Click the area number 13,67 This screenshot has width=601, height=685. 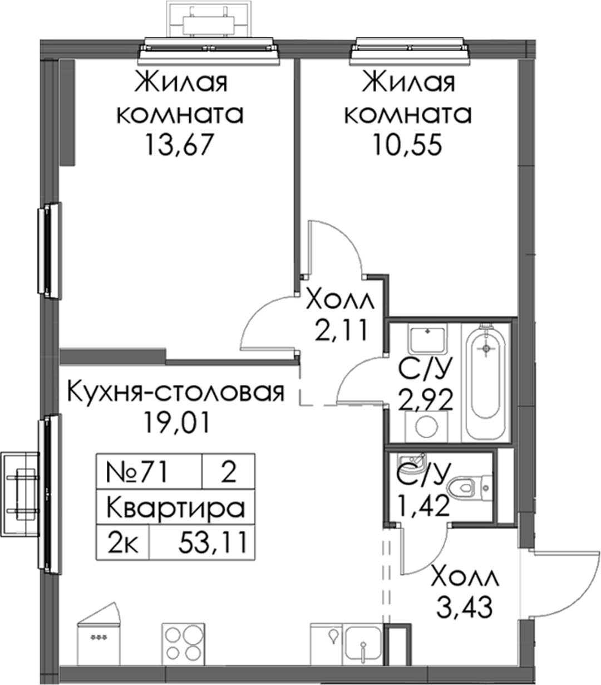180,145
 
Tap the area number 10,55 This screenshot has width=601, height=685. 407,145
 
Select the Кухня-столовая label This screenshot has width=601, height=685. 176,393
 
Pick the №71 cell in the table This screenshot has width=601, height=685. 137,472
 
